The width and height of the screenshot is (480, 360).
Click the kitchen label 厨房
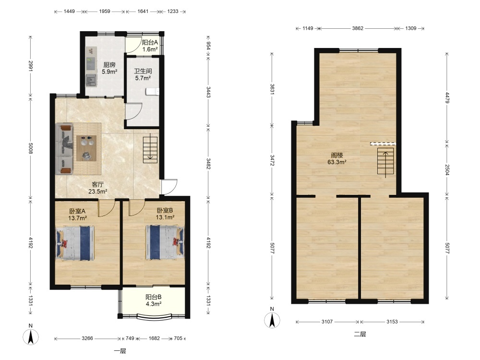click(109, 65)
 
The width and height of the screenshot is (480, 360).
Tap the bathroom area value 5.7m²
click(143, 78)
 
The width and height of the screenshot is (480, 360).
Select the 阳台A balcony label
click(150, 43)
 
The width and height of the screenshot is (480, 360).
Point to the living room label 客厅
click(97, 184)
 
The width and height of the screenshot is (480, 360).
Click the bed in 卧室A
click(75, 243)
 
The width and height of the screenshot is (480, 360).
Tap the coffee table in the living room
click(86, 148)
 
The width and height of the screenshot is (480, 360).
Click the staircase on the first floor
click(150, 150)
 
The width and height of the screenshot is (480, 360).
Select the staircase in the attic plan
click(385, 163)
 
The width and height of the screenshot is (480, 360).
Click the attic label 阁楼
click(337, 155)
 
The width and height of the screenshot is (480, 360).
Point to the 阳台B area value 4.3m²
click(154, 304)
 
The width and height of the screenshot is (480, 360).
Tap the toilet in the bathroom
click(153, 92)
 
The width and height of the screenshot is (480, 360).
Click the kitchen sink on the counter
click(91, 80)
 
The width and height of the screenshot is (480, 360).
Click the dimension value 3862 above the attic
click(358, 28)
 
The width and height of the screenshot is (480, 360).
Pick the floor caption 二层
click(360, 334)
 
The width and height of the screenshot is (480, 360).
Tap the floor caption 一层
click(120, 351)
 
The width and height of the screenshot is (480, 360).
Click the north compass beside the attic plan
click(272, 318)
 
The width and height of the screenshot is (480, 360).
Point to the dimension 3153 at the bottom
click(392, 322)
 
